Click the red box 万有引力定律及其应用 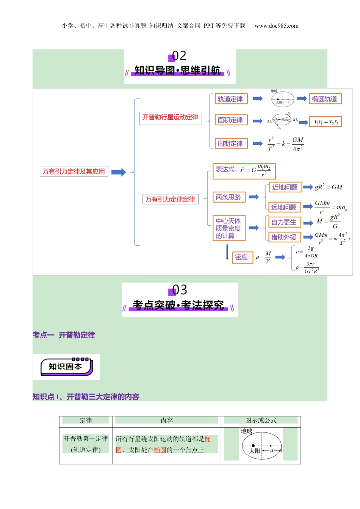(x=74, y=172)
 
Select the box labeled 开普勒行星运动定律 (x=170, y=117)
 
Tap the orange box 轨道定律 (x=230, y=99)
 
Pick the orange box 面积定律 (x=230, y=120)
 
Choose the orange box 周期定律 (x=230, y=144)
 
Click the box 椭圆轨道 (x=324, y=99)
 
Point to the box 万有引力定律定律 (x=171, y=199)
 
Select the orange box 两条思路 (x=229, y=197)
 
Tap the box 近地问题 (x=285, y=187)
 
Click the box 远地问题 (x=284, y=207)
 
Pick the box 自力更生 (x=284, y=222)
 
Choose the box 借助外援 (x=284, y=237)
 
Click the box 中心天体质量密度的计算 (x=229, y=228)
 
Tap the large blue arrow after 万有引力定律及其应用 (x=118, y=172)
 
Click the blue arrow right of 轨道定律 (x=258, y=99)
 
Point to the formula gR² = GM (x=328, y=187)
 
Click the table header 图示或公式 (x=261, y=420)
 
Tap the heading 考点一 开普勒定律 (x=64, y=335)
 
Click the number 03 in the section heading (x=180, y=290)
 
